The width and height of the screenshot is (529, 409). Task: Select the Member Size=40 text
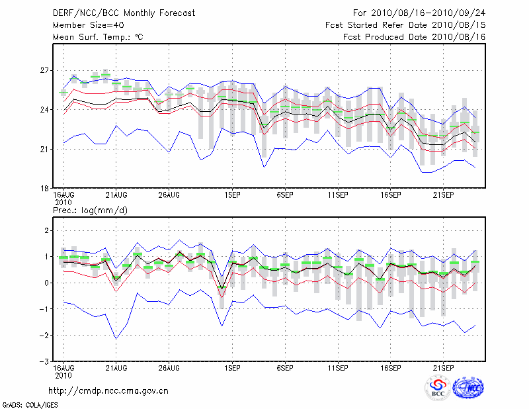point(84,25)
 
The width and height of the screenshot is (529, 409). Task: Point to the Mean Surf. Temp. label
point(98,37)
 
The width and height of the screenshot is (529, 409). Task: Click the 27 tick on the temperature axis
point(44,70)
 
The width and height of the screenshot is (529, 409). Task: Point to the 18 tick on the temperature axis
point(44,189)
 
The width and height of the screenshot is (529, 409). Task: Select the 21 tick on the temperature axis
point(44,149)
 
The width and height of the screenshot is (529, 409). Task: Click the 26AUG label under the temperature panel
point(169,195)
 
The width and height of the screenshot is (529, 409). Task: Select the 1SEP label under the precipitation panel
point(231,367)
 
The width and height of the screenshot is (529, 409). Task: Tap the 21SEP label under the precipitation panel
point(443,367)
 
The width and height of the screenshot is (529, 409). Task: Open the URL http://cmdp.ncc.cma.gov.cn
point(108,390)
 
